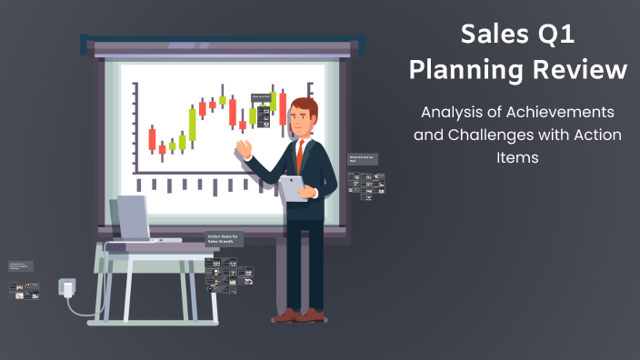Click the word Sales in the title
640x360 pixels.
point(493,35)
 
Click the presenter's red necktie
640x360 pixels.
point(299,155)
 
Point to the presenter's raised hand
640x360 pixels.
point(244,148)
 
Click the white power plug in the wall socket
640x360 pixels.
point(66,288)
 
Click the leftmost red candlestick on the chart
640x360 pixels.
point(152,138)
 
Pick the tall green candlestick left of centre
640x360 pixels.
point(192,123)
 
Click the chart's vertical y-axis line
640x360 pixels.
point(135,126)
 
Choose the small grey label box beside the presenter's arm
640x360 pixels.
point(363,159)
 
